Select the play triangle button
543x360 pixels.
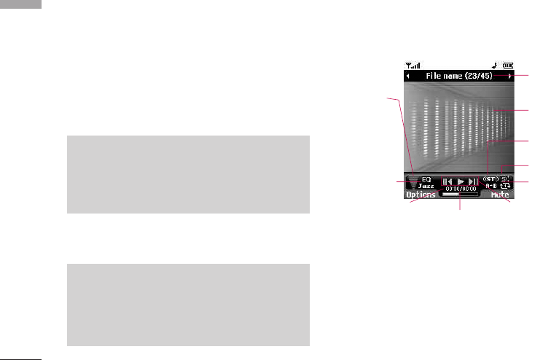coord(461,181)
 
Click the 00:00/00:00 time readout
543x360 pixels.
coord(461,188)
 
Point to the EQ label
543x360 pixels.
coord(426,179)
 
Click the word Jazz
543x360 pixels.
coord(426,186)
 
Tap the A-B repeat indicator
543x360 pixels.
coord(491,186)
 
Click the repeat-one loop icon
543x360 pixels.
coord(506,186)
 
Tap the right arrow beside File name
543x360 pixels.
coord(510,75)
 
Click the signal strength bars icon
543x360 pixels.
coord(412,64)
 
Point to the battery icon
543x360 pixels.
coord(507,64)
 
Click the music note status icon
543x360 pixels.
coord(495,64)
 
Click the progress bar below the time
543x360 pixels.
coord(461,195)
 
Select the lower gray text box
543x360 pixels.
coord(188,305)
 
